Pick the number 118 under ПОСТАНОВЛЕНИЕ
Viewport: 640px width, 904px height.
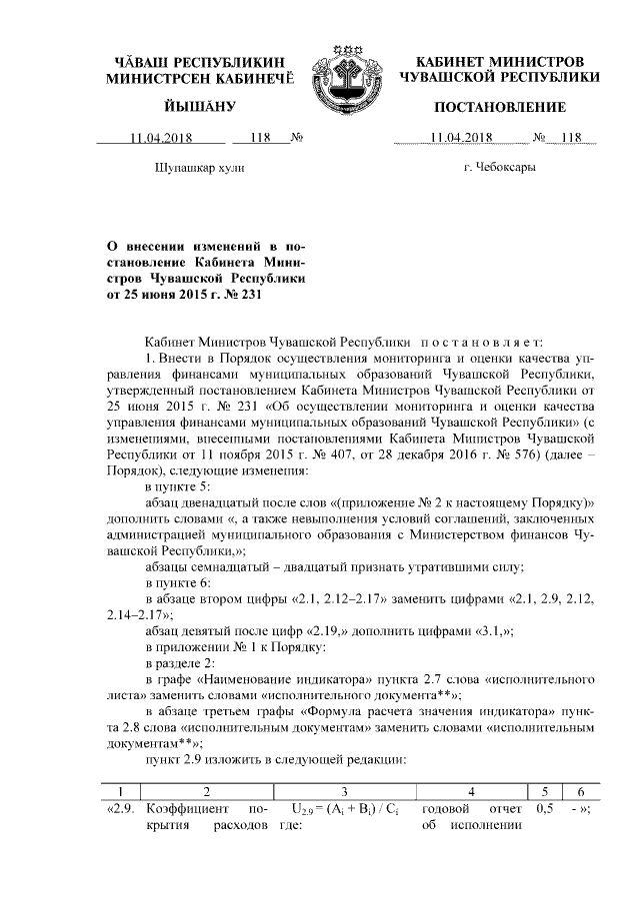[x=570, y=139]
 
